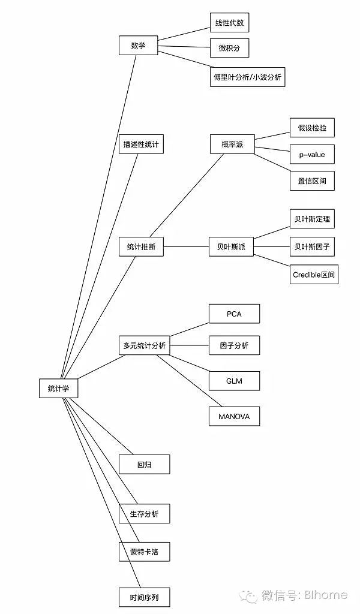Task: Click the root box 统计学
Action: (58, 388)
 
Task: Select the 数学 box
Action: (138, 46)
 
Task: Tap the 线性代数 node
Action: (229, 23)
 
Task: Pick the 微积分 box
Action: (229, 47)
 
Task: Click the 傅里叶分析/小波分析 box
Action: (247, 77)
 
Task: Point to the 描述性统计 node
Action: (141, 144)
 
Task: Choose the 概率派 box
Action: (232, 144)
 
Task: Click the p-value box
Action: (312, 154)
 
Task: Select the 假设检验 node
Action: (312, 128)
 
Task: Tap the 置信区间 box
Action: (312, 180)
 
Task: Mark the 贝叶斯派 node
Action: (231, 246)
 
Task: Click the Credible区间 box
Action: (314, 275)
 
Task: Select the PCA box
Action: (234, 314)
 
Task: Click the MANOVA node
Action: (234, 416)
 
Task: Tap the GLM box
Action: (234, 381)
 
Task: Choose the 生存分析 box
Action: (144, 514)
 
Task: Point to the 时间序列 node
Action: (144, 597)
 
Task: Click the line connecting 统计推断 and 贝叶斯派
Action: (186, 246)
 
